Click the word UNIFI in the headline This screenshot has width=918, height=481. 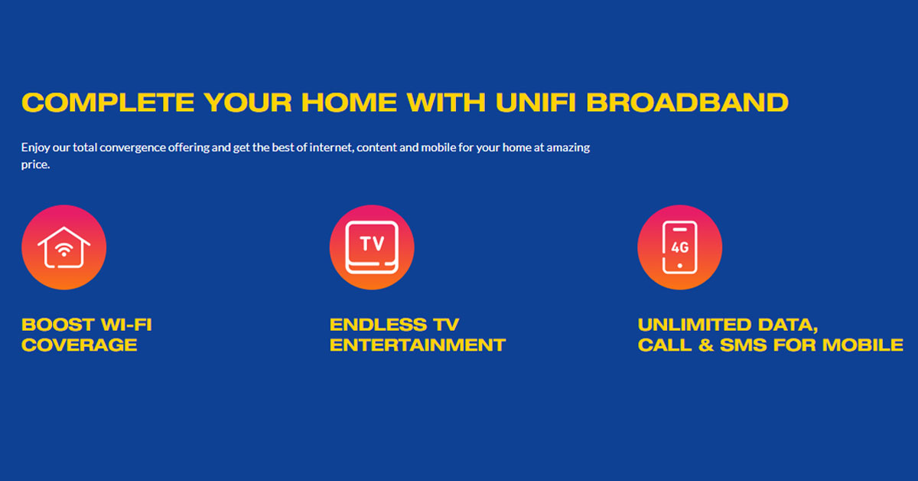pos(535,102)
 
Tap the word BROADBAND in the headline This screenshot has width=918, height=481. pos(687,102)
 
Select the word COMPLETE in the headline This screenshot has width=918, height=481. pos(108,102)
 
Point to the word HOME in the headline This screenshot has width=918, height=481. pos(349,102)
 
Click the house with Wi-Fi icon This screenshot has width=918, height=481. pos(64,247)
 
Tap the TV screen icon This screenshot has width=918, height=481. pos(372,247)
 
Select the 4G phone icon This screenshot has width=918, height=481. pos(679,247)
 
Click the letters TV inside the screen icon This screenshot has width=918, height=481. pos(372,244)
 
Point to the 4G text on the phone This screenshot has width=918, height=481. pos(679,247)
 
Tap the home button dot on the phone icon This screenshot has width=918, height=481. pos(679,266)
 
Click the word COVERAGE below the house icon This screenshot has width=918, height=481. pos(79,345)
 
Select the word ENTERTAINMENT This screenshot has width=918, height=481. pos(418,345)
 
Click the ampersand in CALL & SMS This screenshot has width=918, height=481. pos(706,345)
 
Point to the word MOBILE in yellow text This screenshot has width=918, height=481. pos(863,345)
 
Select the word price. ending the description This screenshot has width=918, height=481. pos(35,165)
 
